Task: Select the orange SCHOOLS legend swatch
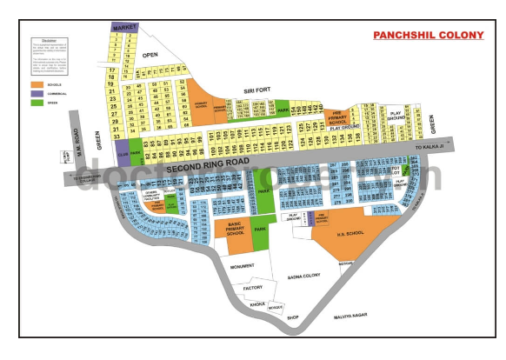[37, 85]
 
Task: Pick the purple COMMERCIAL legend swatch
[37, 94]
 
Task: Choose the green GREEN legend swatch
[37, 103]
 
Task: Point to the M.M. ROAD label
[77, 137]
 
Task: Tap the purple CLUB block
[123, 152]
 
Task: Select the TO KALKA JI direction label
[432, 148]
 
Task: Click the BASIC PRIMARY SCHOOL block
[234, 229]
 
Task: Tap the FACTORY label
[253, 287]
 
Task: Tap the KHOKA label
[257, 304]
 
